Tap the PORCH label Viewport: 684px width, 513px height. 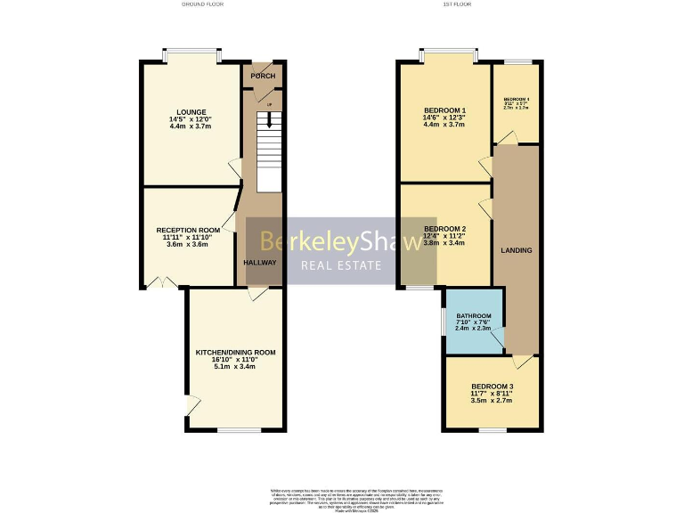(x=263, y=77)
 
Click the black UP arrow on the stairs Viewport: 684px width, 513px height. (x=268, y=119)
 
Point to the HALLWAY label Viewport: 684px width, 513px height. (x=260, y=263)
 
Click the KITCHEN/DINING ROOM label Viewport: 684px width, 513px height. (x=235, y=353)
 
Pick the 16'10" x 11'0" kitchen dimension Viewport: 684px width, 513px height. (x=235, y=362)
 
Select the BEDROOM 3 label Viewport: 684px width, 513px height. (x=493, y=386)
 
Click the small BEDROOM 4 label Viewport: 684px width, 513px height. (x=517, y=99)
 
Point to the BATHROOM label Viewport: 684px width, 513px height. (x=474, y=316)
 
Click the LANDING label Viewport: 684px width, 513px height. (x=517, y=250)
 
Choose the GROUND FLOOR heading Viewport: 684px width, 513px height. (x=203, y=4)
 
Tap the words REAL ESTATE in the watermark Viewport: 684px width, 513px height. (x=341, y=265)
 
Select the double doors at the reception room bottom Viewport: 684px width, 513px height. (x=162, y=283)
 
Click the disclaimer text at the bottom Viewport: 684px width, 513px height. (x=342, y=496)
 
